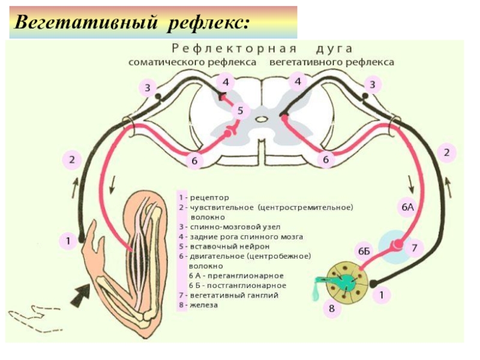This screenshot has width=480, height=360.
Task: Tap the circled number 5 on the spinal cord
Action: point(240,111)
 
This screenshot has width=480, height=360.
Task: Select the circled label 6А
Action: point(408,208)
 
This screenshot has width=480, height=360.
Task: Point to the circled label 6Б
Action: point(364,251)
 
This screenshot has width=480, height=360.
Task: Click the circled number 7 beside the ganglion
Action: point(414,247)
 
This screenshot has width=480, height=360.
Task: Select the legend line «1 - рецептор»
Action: point(204,197)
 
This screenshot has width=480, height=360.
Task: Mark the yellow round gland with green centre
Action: point(347,280)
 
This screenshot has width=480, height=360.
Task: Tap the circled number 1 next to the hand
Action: point(68,242)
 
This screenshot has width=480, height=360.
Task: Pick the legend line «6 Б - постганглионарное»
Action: point(237,286)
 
